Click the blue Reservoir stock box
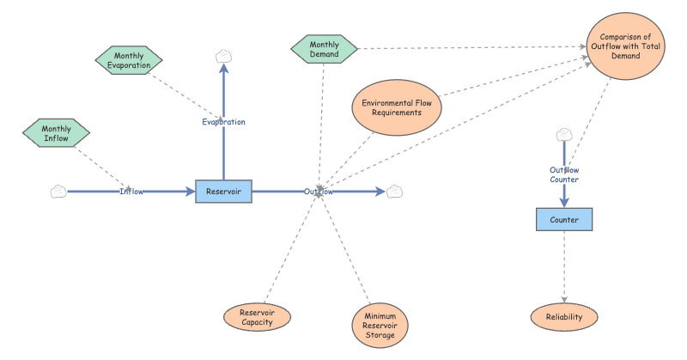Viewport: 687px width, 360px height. tap(223, 192)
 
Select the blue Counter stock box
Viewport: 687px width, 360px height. tap(564, 220)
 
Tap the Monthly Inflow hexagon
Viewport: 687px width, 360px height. tap(56, 133)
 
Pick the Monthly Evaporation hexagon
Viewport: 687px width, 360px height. tap(129, 60)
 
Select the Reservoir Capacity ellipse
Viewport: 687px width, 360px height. tap(257, 318)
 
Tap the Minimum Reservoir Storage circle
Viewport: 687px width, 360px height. tap(380, 323)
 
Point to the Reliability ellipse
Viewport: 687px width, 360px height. tap(564, 317)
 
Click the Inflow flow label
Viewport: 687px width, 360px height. tap(131, 192)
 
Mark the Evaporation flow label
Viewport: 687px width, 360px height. tap(223, 122)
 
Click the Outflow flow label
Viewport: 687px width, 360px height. tap(319, 192)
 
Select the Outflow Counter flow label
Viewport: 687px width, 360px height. tap(564, 174)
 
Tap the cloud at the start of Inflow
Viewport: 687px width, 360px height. tap(58, 192)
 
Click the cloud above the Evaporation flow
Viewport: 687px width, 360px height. tap(223, 57)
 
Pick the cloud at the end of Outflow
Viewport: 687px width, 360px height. tap(395, 192)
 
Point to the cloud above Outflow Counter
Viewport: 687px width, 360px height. tap(564, 134)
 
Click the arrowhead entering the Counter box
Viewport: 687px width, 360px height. tap(564, 203)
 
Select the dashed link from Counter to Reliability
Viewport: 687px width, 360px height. tap(564, 266)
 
